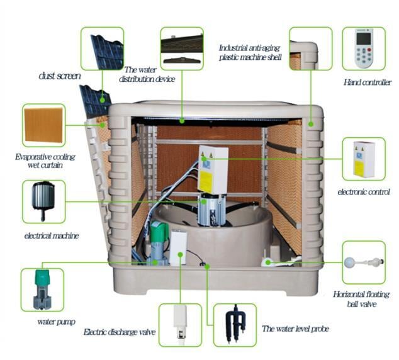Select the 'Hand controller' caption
367,82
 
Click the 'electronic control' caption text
364,191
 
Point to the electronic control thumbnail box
364,159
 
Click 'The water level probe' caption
295,329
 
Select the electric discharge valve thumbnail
179,324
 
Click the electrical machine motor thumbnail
43,200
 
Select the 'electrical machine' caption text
52,236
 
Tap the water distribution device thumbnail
182,48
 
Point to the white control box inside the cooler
213,169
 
